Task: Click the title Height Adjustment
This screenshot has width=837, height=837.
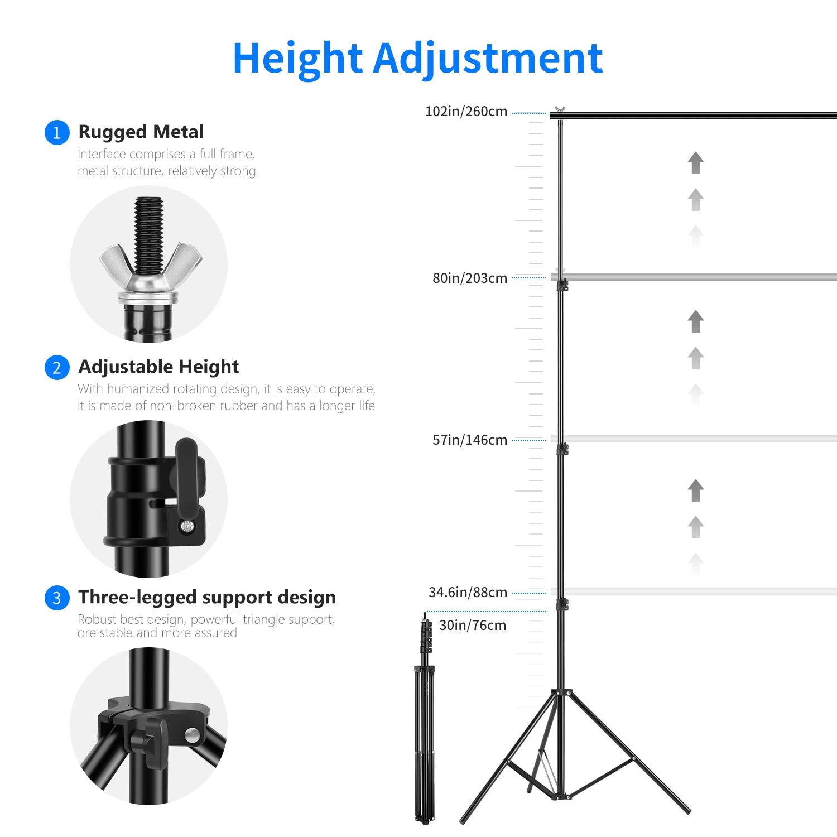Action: click(417, 58)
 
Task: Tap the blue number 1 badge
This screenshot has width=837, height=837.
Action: click(56, 133)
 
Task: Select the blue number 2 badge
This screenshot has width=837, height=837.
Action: click(56, 368)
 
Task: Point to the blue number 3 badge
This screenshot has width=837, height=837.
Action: click(56, 598)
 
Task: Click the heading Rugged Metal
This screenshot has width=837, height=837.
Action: click(141, 132)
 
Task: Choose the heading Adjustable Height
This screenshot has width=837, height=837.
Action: click(158, 367)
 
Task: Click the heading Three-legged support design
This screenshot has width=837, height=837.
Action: click(207, 597)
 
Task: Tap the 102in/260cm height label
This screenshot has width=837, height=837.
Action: click(466, 112)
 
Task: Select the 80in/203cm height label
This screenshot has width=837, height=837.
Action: click(470, 278)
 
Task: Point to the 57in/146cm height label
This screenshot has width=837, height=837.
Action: click(470, 440)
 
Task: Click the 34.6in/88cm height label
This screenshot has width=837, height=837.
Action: click(468, 592)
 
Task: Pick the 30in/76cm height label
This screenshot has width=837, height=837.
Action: click(473, 625)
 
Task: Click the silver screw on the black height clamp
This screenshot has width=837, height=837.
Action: click(187, 526)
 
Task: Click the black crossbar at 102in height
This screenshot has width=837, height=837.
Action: click(698, 116)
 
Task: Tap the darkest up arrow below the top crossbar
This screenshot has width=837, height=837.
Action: click(695, 163)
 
